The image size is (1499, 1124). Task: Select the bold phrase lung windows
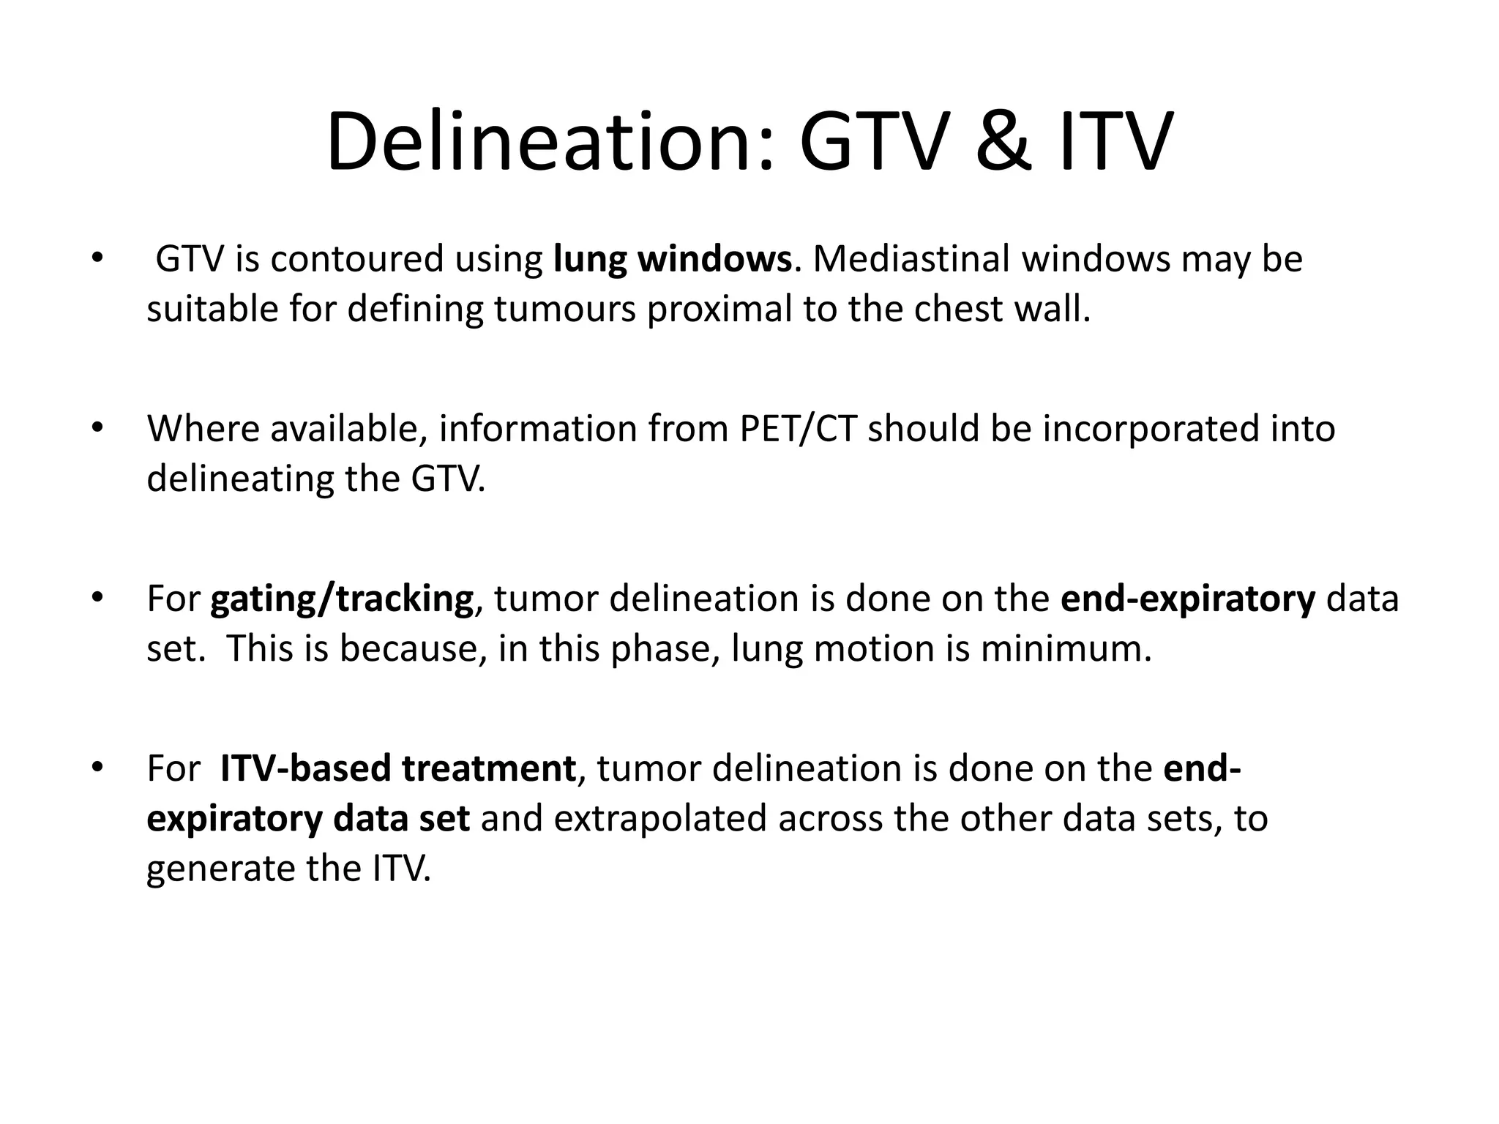pyautogui.click(x=672, y=259)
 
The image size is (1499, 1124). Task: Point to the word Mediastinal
pyautogui.click(x=911, y=259)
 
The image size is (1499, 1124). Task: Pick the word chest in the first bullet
pyautogui.click(x=957, y=309)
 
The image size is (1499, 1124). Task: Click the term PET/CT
pyautogui.click(x=797, y=429)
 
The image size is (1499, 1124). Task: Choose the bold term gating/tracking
pyautogui.click(x=342, y=599)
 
